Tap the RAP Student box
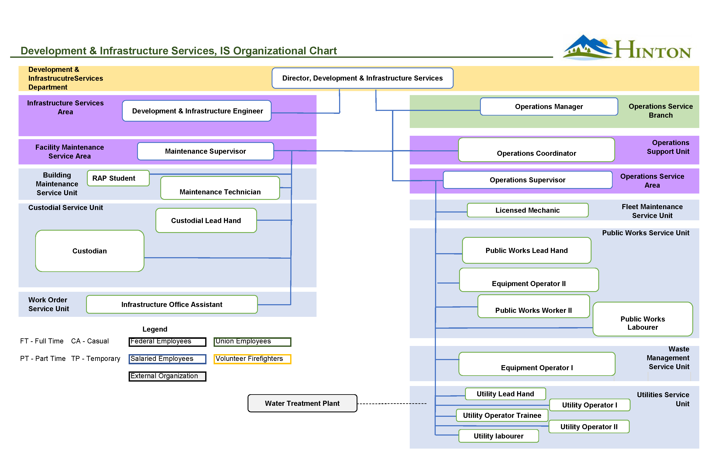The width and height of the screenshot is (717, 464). pos(118,178)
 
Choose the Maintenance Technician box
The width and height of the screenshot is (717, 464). pos(220,188)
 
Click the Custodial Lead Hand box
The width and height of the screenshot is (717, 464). pos(206,221)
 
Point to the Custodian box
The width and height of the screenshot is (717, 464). pos(89,251)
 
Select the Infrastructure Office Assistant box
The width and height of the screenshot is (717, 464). pos(172,304)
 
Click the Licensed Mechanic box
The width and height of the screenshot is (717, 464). pos(527,210)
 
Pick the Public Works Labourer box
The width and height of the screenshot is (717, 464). pos(642,319)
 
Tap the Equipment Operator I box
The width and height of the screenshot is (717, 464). pos(536,364)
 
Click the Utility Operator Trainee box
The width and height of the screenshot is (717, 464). pos(502,415)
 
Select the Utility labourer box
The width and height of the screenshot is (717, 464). pos(498,436)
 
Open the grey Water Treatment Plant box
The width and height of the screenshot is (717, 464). pos(302,403)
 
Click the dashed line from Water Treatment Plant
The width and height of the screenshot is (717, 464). pos(392,403)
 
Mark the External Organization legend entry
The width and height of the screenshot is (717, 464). pos(167,376)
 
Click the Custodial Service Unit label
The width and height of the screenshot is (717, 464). pos(65,207)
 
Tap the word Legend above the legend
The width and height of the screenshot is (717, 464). pos(155,329)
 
